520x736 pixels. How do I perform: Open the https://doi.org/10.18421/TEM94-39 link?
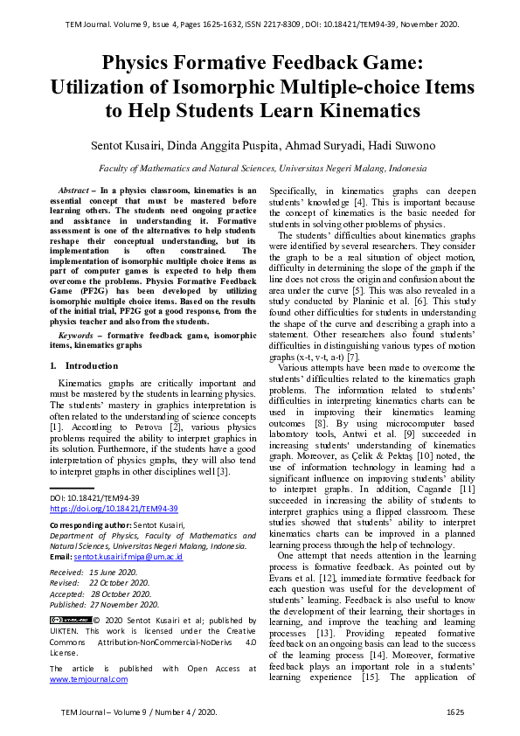[x=114, y=508]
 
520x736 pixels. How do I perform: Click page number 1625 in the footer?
[x=454, y=713]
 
